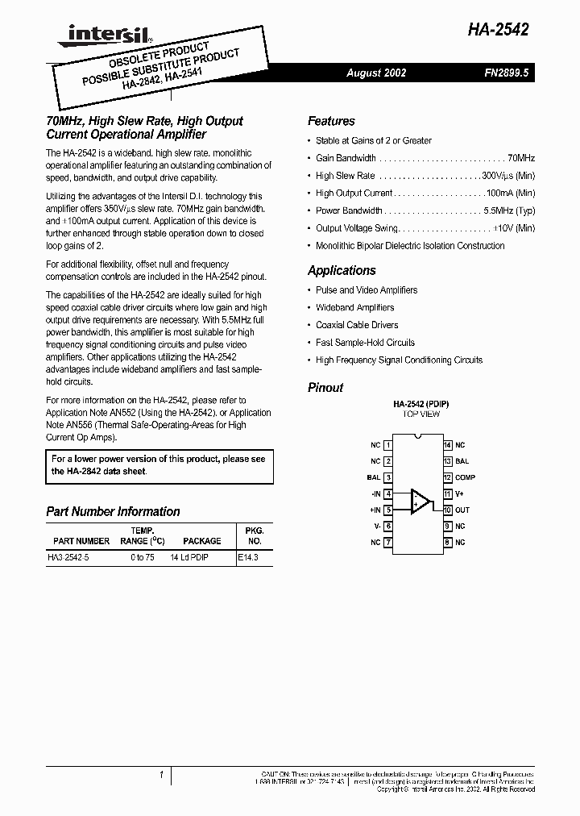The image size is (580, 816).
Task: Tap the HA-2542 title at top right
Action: (x=498, y=31)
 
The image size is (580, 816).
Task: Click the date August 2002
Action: (x=376, y=73)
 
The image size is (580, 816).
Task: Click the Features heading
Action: (x=331, y=121)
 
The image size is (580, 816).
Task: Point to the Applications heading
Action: (x=342, y=271)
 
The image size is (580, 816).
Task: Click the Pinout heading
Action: (x=325, y=388)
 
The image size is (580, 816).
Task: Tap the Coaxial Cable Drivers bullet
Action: (x=357, y=325)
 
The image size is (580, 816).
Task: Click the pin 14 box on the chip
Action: (x=447, y=445)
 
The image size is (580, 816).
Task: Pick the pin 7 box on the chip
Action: (x=388, y=543)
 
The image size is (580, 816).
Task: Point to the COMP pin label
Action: (x=466, y=477)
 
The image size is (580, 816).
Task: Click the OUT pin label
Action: (x=462, y=510)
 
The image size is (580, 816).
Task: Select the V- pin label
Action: (x=376, y=526)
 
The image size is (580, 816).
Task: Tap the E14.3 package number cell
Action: (x=249, y=557)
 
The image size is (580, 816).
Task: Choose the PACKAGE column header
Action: (x=201, y=541)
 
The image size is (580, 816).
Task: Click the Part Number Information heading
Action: (x=113, y=511)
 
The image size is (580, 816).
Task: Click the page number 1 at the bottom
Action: (x=162, y=776)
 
